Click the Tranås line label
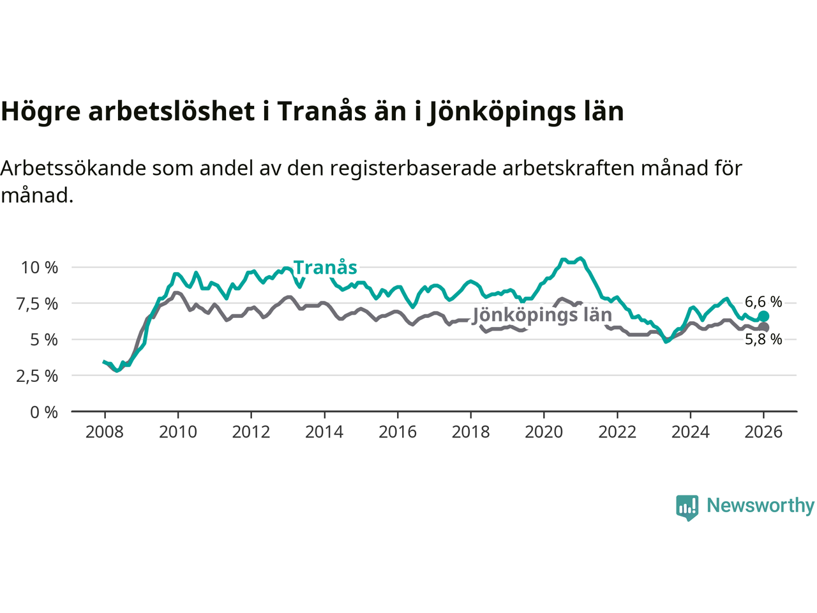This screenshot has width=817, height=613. tap(325, 268)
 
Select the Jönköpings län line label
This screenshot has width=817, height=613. tap(542, 315)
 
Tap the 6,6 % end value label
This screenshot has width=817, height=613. tap(763, 301)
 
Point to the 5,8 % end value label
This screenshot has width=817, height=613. tap(763, 340)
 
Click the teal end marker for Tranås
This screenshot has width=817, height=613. tap(763, 316)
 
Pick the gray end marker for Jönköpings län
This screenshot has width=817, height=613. tap(763, 328)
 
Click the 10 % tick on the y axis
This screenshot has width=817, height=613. tap(40, 268)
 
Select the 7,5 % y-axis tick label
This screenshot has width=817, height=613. tap(37, 304)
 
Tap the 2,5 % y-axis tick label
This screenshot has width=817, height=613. tap(37, 376)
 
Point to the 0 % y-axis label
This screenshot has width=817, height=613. tap(44, 412)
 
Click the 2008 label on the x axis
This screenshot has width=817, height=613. tap(105, 432)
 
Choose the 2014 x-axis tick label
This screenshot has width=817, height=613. tap(324, 432)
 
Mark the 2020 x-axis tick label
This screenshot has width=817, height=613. tap(544, 432)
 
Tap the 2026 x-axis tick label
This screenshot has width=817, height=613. tap(763, 432)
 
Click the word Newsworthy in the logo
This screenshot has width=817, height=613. tap(760, 506)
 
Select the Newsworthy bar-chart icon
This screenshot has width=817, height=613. tap(687, 507)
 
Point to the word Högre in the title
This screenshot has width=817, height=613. tap(41, 112)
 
